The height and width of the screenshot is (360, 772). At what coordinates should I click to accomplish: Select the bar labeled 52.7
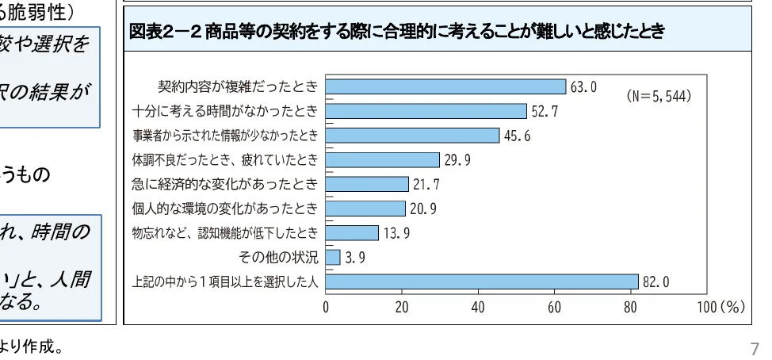pyautogui.click(x=426, y=111)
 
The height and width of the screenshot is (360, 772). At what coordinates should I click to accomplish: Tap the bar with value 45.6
pyautogui.click(x=412, y=136)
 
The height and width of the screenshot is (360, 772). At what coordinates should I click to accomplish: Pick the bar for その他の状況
pyautogui.click(x=333, y=257)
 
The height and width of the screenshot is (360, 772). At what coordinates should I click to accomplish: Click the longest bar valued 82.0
pyautogui.click(x=481, y=281)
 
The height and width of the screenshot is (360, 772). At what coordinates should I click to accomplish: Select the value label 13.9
pyautogui.click(x=396, y=233)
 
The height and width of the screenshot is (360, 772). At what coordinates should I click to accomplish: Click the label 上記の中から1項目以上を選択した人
pyautogui.click(x=224, y=281)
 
